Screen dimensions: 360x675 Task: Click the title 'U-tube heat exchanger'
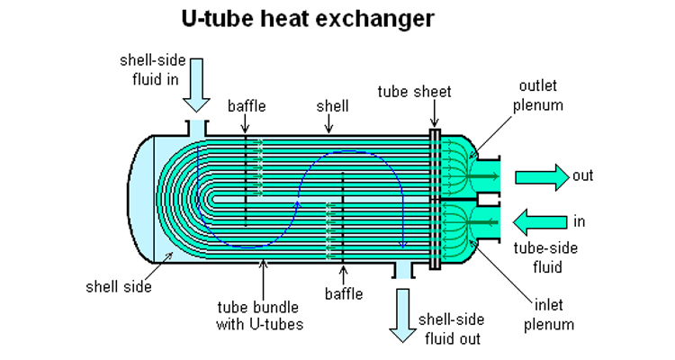[338, 18]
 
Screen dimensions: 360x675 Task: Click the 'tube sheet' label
[415, 91]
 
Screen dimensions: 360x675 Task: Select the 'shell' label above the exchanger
[332, 106]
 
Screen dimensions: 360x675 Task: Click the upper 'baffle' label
[247, 106]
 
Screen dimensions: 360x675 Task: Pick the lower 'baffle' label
[344, 293]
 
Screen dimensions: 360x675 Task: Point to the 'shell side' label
[119, 287]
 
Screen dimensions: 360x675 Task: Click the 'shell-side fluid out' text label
[454, 329]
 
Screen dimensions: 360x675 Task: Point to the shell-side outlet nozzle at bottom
[401, 270]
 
